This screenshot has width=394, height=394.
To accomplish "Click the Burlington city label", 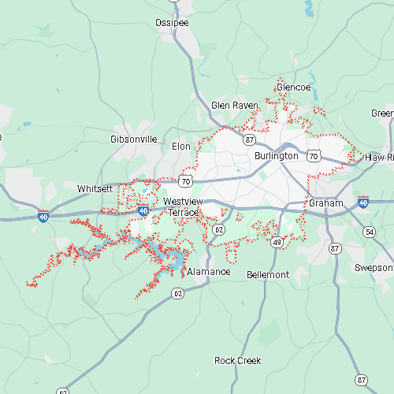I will [276, 156].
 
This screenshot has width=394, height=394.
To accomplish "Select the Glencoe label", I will [293, 87].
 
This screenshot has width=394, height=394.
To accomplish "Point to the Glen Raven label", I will [235, 105].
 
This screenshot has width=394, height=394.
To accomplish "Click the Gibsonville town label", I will [133, 139].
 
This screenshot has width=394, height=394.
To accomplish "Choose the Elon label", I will [181, 147].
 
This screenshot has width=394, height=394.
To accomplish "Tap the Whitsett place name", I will [95, 189].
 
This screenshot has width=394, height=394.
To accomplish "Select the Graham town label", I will [325, 203].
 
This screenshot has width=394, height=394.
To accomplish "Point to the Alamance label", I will [209, 272].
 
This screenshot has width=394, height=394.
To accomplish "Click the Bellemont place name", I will [268, 275].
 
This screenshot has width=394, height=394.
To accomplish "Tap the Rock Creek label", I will [238, 361].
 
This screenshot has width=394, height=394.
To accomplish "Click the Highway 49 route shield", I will [277, 243].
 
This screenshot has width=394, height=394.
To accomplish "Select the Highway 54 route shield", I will [369, 232].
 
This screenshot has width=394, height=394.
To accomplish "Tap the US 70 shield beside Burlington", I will [314, 157].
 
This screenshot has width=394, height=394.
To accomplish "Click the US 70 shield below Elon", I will [185, 181].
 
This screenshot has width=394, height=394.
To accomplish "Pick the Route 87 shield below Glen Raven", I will [249, 139].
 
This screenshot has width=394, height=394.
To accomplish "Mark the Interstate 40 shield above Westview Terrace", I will [143, 211].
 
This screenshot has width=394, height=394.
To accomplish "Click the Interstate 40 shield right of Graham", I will [362, 203].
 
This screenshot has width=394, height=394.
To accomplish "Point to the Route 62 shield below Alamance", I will [178, 293].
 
